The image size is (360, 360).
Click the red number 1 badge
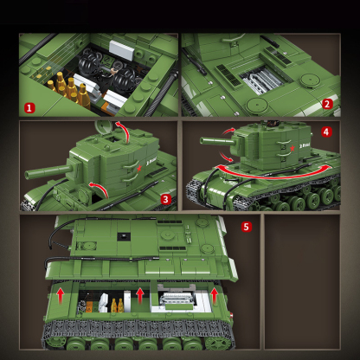pyautogui.click(x=29, y=107)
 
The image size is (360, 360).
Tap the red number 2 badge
pyautogui.click(x=327, y=104)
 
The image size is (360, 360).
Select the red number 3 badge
pyautogui.click(x=164, y=199)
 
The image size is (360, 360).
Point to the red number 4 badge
pyautogui.click(x=325, y=132)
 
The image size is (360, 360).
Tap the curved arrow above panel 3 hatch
pyautogui.click(x=123, y=132)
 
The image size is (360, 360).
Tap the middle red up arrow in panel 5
pyautogui.click(x=139, y=295)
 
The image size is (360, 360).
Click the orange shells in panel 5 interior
pyautogui.click(x=114, y=305)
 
